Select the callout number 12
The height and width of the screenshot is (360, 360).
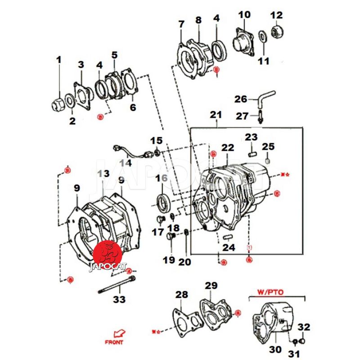[276, 15]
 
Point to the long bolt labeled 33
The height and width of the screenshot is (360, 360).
[116, 284]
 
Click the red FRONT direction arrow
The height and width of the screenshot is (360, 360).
[119, 334]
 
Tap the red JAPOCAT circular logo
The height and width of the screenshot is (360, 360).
[108, 254]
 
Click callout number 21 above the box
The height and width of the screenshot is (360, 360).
[216, 115]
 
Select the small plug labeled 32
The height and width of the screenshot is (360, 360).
[304, 340]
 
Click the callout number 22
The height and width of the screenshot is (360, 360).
[228, 148]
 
